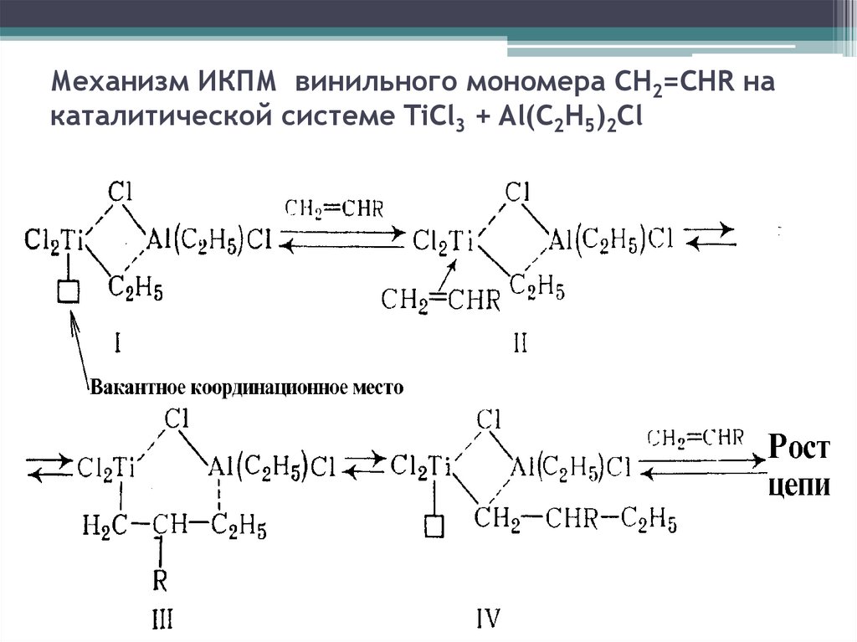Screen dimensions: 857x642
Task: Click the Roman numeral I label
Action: (119, 342)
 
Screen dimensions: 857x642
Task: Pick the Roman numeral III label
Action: (162, 619)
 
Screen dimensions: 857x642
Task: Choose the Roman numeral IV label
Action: (487, 619)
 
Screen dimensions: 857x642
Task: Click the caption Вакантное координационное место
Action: (247, 388)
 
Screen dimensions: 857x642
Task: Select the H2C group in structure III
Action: (103, 526)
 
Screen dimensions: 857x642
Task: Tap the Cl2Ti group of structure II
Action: (444, 243)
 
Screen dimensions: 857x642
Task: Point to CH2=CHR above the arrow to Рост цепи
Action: (695, 438)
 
